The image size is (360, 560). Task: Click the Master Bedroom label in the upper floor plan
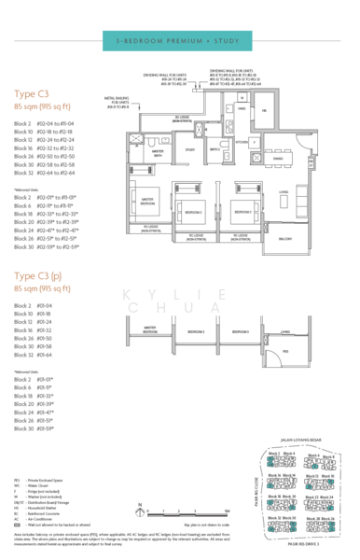click(x=147, y=200)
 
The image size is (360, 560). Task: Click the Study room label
click(x=189, y=149)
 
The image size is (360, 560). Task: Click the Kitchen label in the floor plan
click(x=242, y=143)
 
